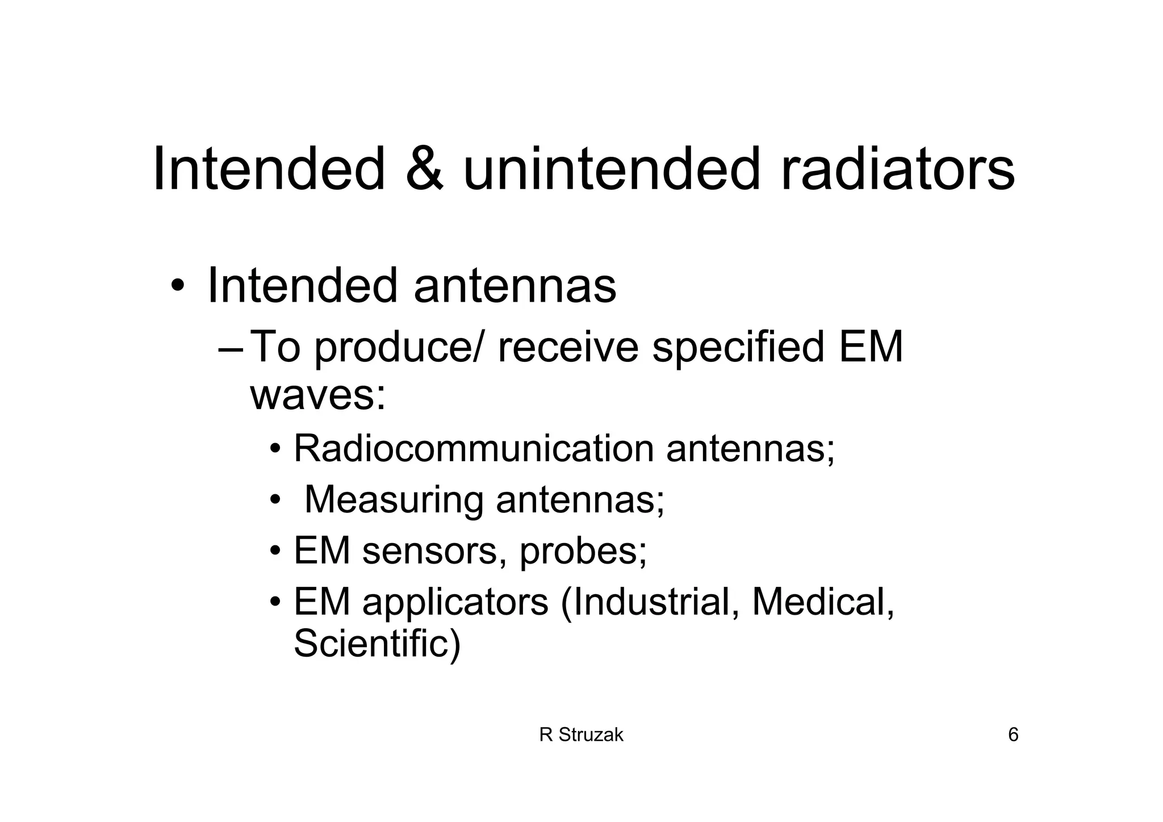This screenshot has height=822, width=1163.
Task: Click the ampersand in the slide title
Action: pyautogui.click(x=424, y=169)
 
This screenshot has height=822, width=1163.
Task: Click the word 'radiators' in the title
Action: pyautogui.click(x=897, y=169)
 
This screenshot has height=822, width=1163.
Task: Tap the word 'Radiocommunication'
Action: pyautogui.click(x=474, y=449)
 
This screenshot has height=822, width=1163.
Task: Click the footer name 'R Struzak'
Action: pyautogui.click(x=581, y=736)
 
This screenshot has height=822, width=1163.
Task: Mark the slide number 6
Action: pyautogui.click(x=1013, y=736)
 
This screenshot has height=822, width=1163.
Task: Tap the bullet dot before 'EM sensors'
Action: pyautogui.click(x=275, y=552)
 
